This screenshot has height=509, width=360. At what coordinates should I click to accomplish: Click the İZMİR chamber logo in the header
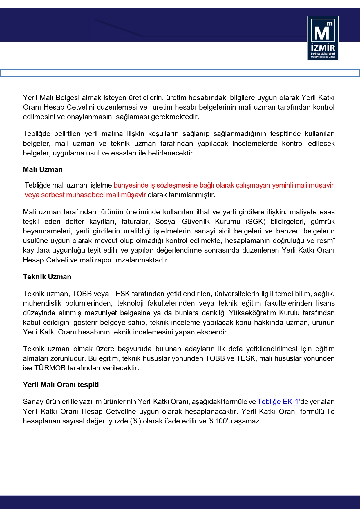[323, 38]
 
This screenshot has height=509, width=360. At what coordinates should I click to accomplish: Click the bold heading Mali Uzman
[43, 170]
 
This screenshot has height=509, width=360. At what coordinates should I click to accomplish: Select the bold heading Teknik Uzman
[47, 277]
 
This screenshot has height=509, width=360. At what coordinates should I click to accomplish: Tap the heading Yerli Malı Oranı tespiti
[61, 385]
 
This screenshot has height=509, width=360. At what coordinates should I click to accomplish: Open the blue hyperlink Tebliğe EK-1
[278, 402]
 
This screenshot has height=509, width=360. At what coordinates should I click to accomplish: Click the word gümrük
[323, 222]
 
